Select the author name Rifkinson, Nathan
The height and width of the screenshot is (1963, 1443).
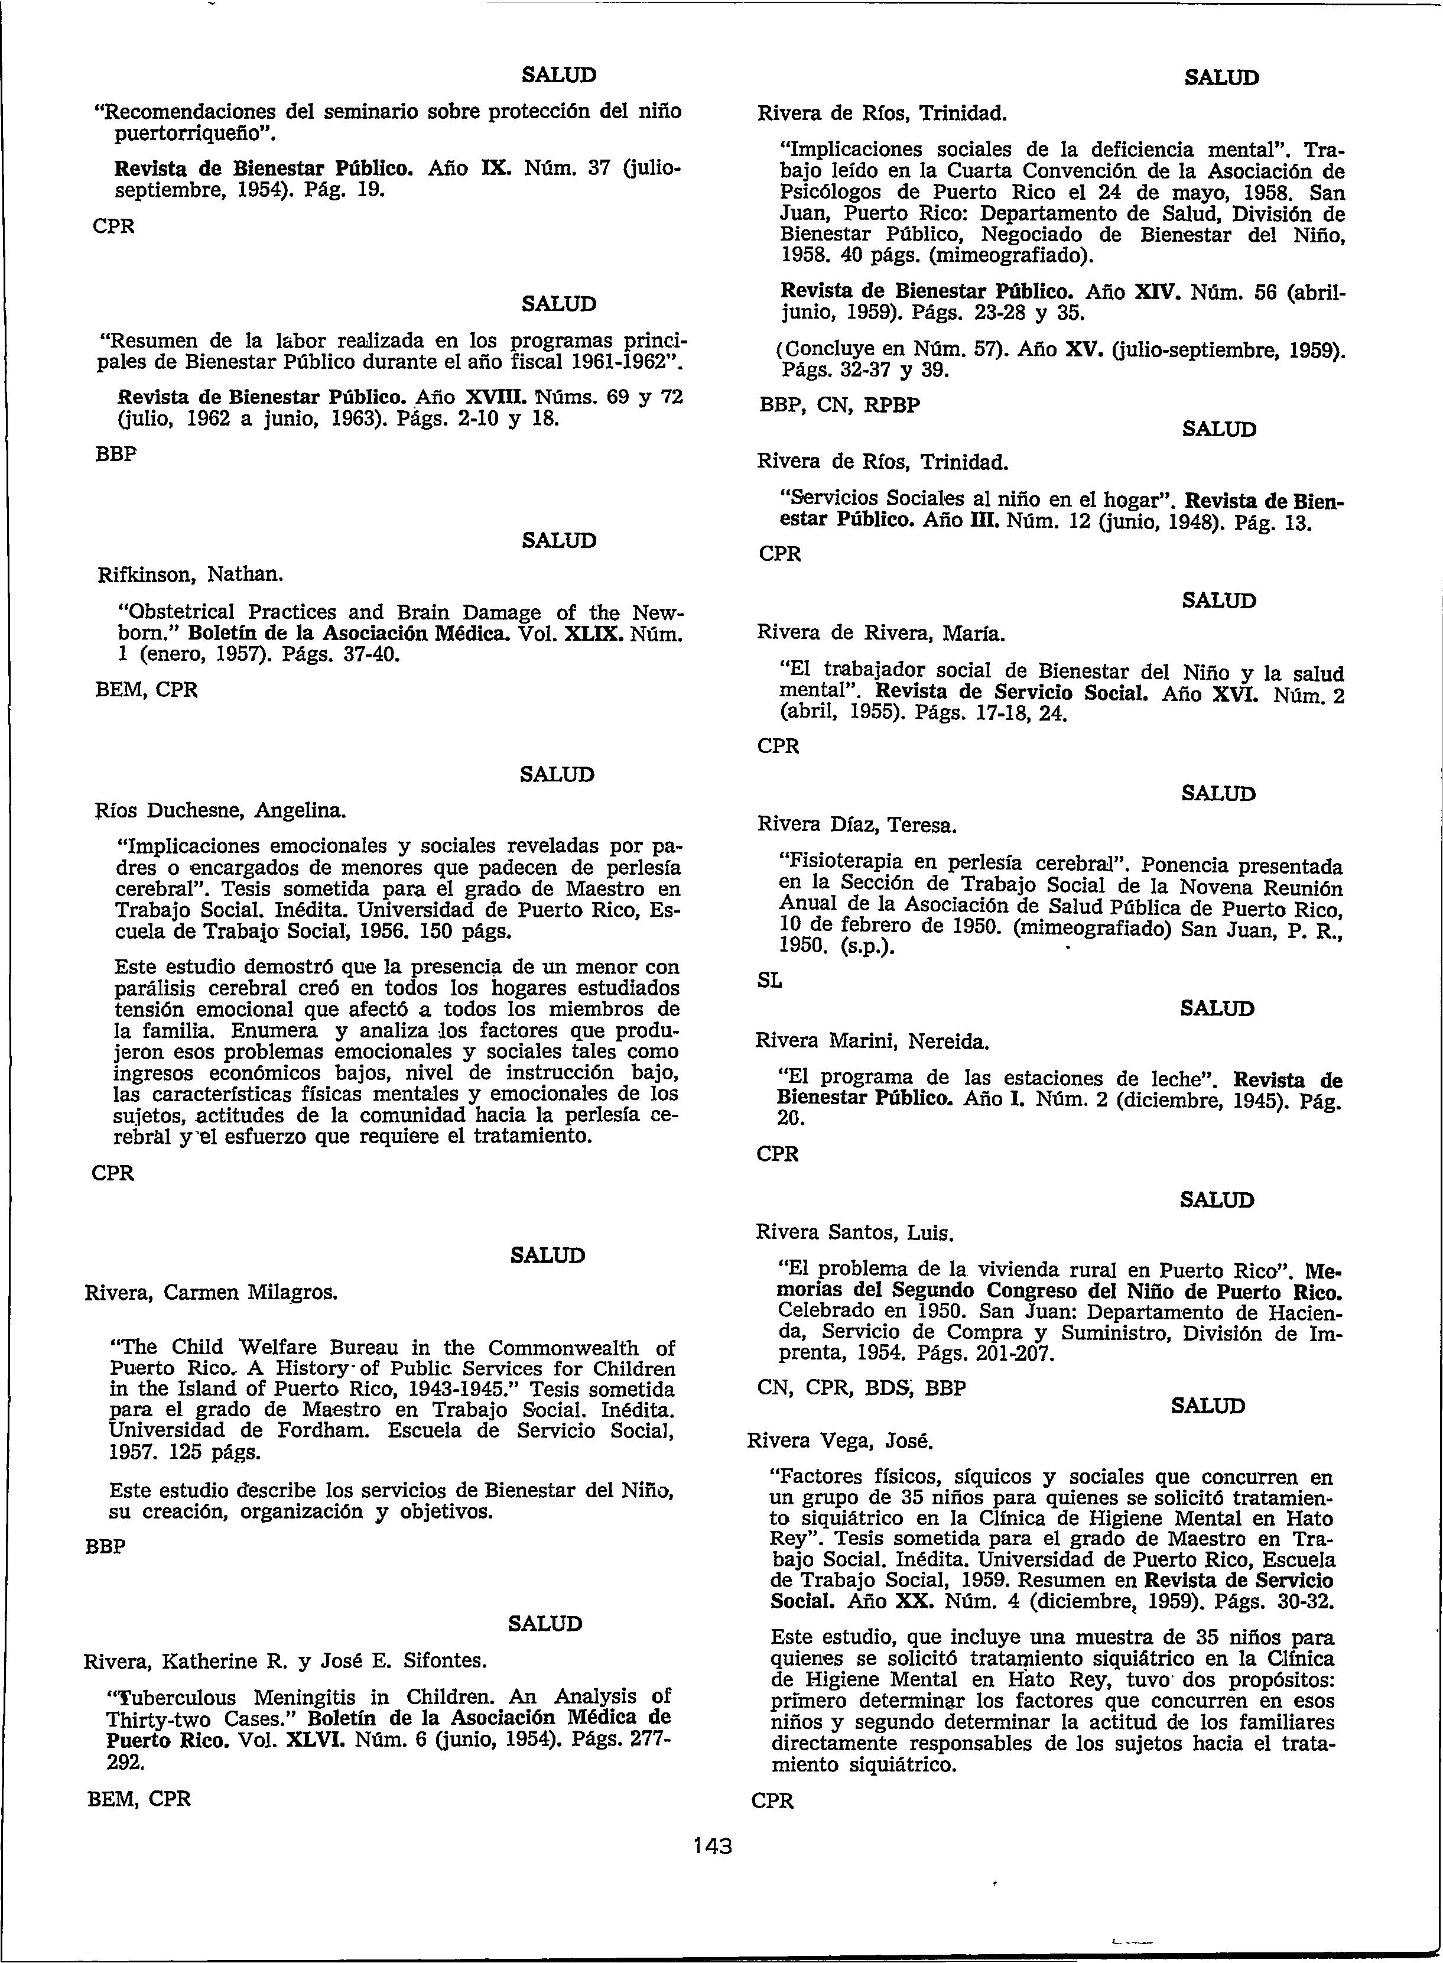[190, 575]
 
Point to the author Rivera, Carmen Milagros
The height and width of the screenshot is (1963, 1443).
[210, 1291]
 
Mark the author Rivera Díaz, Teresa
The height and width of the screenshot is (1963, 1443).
[856, 825]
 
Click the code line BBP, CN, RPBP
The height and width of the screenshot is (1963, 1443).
[838, 405]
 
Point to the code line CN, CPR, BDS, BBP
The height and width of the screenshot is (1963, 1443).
[860, 1387]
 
